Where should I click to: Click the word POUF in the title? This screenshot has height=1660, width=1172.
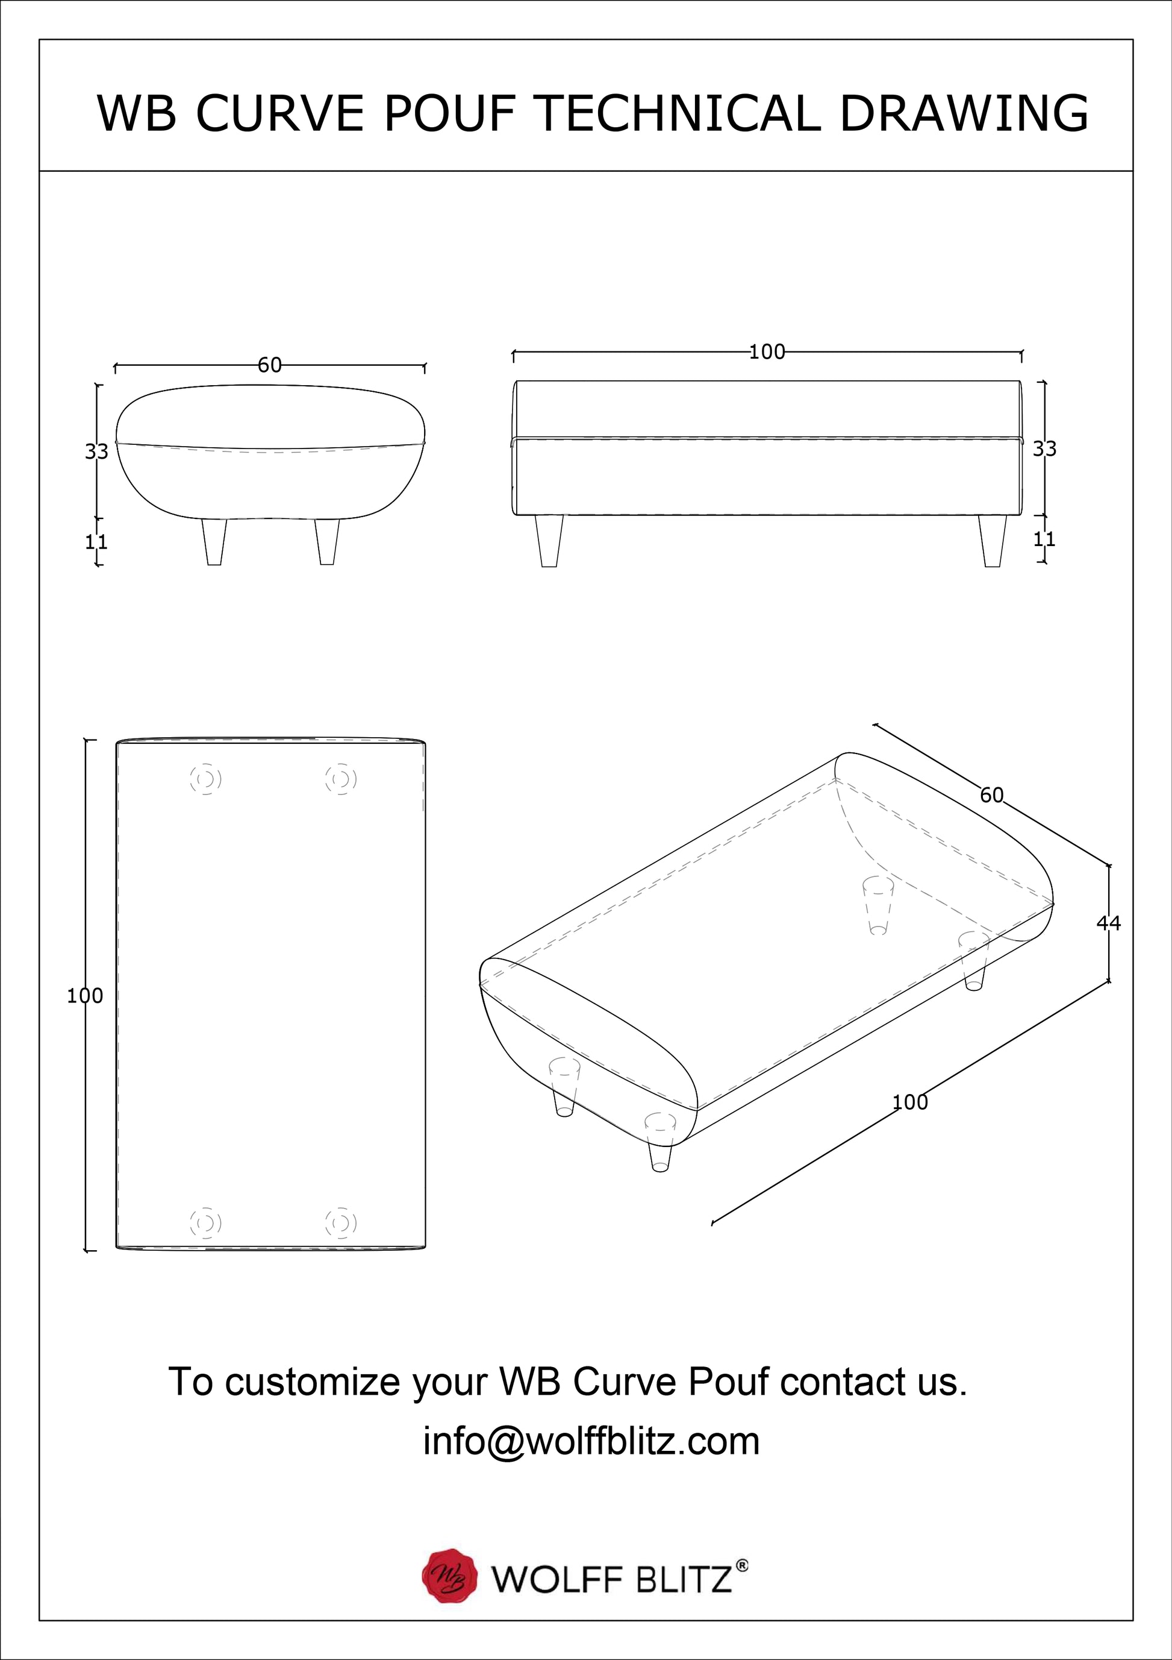point(450,113)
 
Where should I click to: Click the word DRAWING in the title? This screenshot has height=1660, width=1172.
point(964,113)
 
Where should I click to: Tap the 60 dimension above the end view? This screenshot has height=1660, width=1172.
point(270,365)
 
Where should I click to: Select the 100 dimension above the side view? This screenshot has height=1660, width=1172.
point(767,352)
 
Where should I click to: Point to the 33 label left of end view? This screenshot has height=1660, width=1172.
point(96,451)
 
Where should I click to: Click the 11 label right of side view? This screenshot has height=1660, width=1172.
point(1044,539)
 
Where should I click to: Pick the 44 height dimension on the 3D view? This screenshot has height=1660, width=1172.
point(1108,923)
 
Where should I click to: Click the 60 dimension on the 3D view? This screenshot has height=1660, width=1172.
point(991,795)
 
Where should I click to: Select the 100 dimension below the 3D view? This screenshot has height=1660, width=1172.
point(909,1102)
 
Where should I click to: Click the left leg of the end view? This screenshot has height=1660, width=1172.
point(214,541)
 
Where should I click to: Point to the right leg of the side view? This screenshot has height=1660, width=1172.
point(993,541)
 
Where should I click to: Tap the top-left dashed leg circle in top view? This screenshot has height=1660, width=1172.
point(206,779)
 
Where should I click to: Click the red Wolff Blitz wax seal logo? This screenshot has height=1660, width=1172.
point(450,1576)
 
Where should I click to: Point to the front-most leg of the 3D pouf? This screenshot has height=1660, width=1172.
point(659,1145)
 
